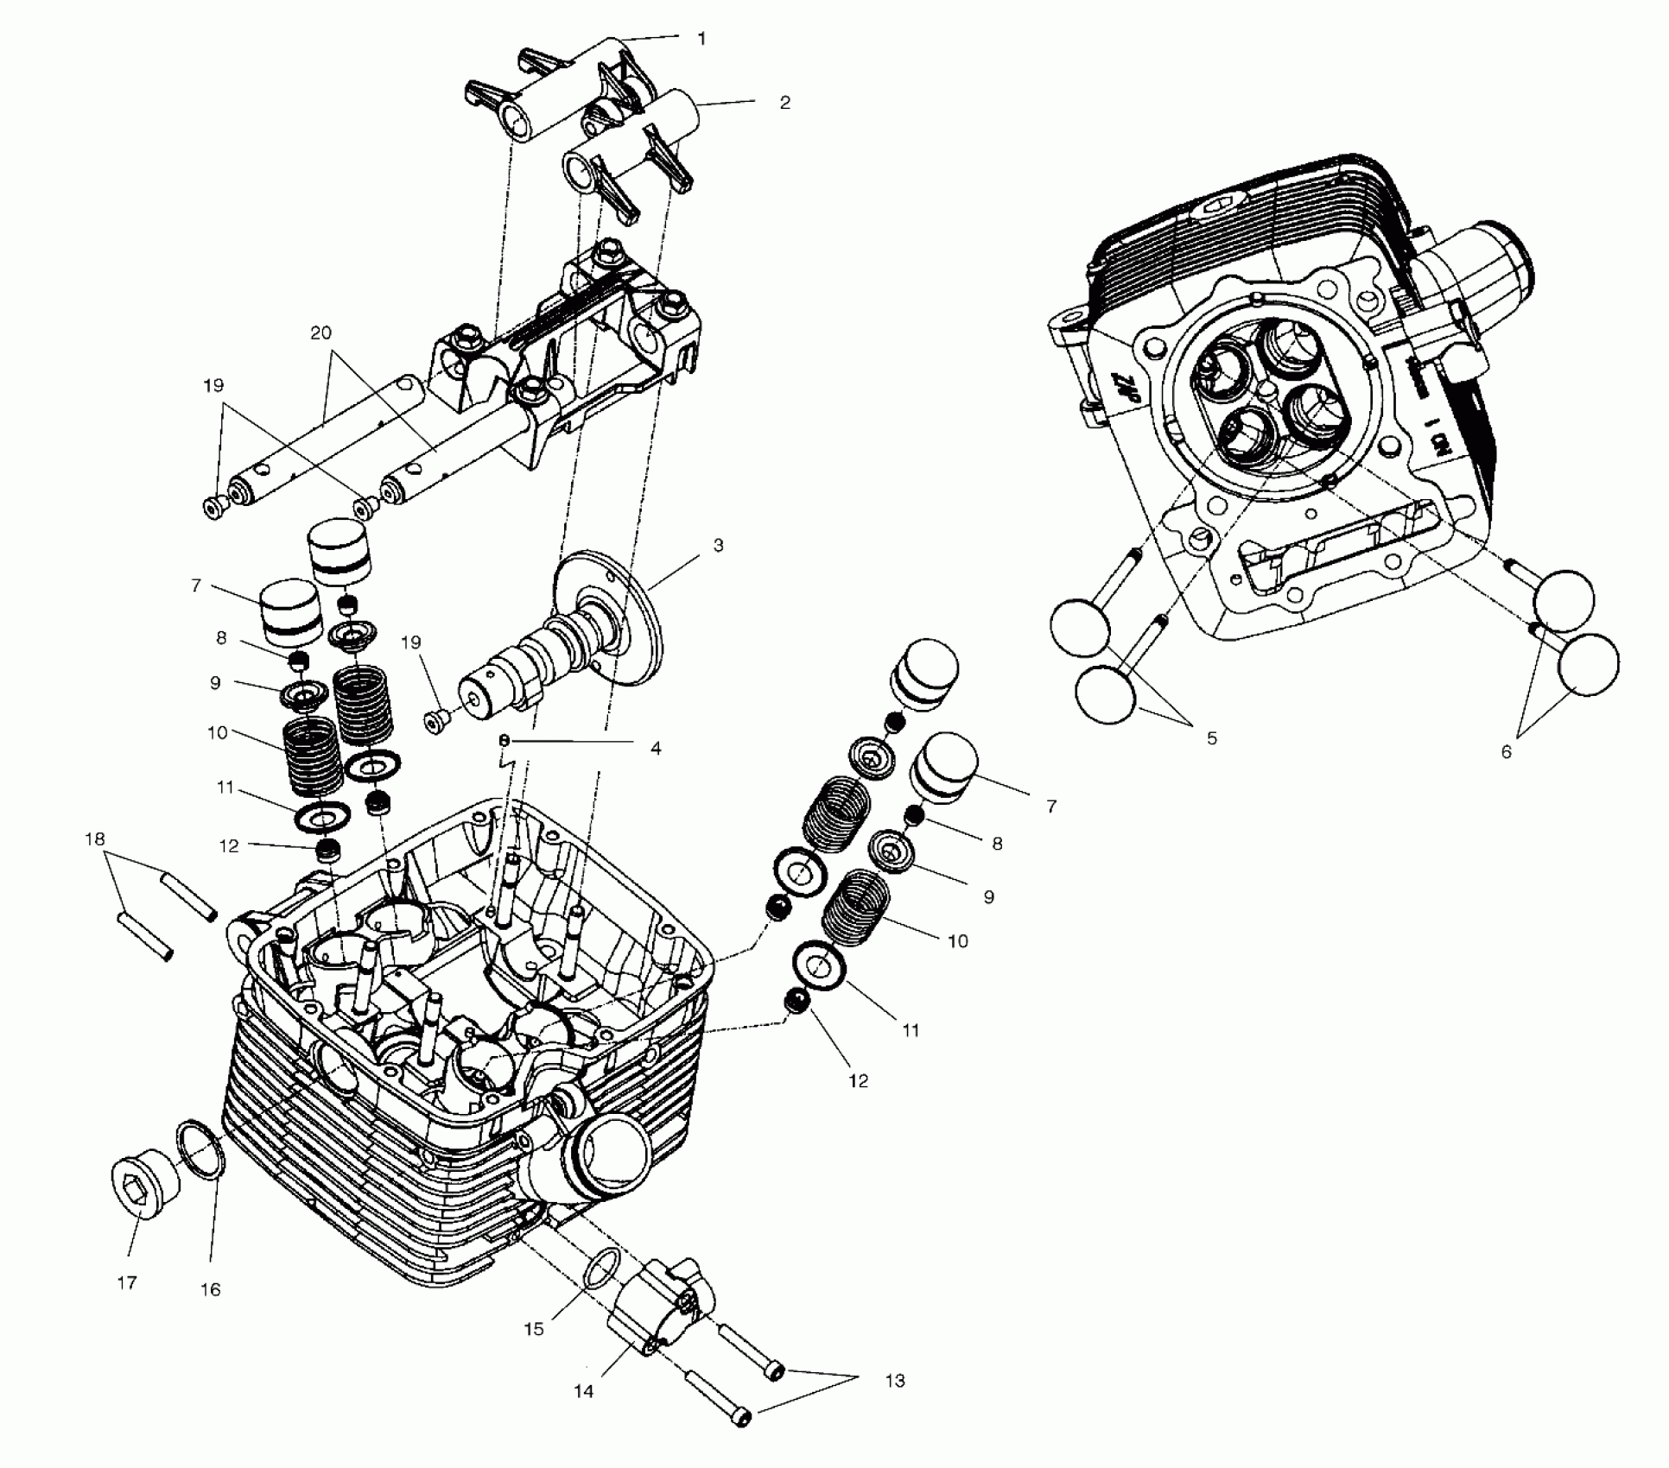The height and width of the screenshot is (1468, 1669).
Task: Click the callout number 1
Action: pyautogui.click(x=701, y=39)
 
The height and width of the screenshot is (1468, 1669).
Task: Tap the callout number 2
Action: pyautogui.click(x=784, y=102)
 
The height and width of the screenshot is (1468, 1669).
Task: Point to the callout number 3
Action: pyautogui.click(x=718, y=546)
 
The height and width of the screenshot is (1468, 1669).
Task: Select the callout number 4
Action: pyautogui.click(x=656, y=749)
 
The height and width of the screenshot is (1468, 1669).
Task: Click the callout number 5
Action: pyautogui.click(x=1211, y=738)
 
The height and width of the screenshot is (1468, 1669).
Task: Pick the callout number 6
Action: pyautogui.click(x=1506, y=752)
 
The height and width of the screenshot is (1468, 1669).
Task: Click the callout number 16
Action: pyautogui.click(x=211, y=1289)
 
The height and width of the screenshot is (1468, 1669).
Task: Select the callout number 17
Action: pyautogui.click(x=127, y=1283)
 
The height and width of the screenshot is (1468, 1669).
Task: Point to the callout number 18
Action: pyautogui.click(x=95, y=838)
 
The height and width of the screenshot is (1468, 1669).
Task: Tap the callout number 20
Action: pyautogui.click(x=321, y=332)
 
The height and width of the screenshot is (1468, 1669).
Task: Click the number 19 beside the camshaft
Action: pyautogui.click(x=411, y=642)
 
